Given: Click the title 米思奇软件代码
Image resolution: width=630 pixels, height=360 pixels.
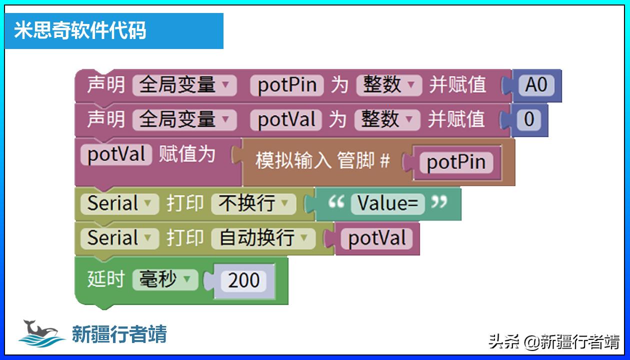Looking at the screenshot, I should pos(80,30).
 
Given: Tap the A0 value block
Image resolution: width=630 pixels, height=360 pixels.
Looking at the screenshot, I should pos(536,85).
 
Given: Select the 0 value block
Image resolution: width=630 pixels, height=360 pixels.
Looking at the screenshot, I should pos(529,119).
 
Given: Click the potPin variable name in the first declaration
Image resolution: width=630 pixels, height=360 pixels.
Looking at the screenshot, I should pos(287,85).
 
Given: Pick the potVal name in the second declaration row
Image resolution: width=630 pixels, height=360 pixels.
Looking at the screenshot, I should pos(286,119).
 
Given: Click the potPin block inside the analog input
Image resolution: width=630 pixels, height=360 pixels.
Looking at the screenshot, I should pos(456,162).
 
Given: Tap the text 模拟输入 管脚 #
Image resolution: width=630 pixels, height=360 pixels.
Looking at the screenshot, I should pos(322,161).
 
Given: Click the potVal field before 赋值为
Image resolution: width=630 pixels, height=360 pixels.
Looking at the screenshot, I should pos(116,154).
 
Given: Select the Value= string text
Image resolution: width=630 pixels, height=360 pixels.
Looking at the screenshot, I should pos(387,203).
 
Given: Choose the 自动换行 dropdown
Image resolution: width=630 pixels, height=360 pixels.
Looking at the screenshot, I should pos(262,238).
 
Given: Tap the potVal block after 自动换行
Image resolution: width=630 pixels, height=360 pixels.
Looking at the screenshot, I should pos(376,238).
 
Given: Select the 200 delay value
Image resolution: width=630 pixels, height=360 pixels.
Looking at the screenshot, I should pos(243,280).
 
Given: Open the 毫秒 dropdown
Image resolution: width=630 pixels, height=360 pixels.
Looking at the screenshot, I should pos(164,279).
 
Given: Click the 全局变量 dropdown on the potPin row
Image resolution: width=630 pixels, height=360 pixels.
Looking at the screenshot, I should pos(183,85).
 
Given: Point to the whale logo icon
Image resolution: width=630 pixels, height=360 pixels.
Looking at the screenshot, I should pos(41,332).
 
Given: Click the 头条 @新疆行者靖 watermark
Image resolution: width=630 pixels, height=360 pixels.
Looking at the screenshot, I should pos(553,342).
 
